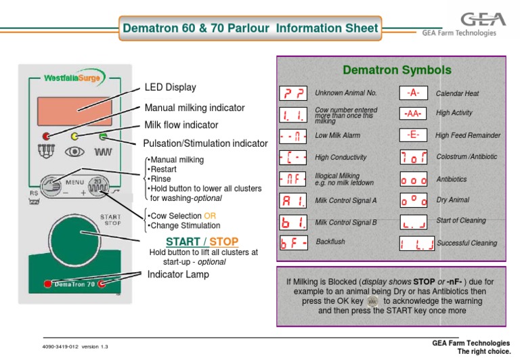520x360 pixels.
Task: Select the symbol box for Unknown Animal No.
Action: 292,93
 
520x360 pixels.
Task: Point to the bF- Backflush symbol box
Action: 292,243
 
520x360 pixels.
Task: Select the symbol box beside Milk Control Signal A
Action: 292,201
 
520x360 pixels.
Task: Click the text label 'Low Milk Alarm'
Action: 338,136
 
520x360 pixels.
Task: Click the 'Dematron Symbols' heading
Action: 387,70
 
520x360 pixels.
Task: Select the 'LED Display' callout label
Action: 170,87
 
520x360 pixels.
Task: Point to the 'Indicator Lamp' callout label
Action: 178,274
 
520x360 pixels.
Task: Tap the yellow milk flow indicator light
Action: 74,137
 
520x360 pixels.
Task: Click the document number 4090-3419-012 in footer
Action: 62,346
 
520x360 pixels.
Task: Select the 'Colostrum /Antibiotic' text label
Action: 466,157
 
